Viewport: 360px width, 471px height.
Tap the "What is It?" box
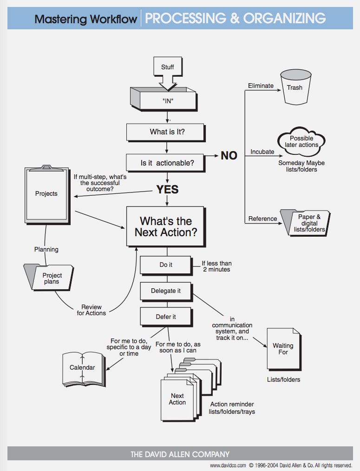(166, 132)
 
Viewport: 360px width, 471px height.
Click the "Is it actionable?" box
(166, 163)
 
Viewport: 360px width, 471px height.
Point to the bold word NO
(229, 156)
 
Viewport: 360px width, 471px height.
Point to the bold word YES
(167, 190)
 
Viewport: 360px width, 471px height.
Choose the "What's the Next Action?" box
(165, 226)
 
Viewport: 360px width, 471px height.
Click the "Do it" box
(166, 265)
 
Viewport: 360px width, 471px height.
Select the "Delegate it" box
(166, 291)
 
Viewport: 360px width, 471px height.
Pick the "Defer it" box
(166, 317)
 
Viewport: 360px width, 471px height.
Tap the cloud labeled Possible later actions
(301, 141)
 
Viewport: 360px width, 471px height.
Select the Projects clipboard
(46, 193)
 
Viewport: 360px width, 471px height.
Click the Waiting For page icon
(283, 349)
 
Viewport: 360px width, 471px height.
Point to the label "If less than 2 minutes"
(216, 266)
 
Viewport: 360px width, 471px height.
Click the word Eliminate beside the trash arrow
(261, 86)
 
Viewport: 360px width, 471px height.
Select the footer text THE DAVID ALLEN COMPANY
(180, 454)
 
